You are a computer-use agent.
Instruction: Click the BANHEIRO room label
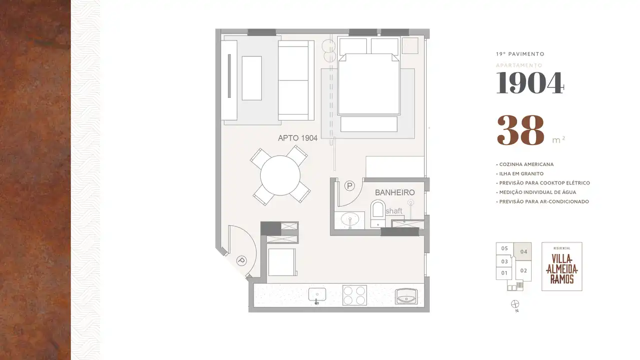point(395,192)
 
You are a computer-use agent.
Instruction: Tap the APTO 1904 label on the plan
point(298,138)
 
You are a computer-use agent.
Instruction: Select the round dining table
point(280,175)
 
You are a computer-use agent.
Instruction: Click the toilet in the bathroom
point(378,213)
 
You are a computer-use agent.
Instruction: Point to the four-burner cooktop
point(354,295)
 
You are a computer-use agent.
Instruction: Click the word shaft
point(394,211)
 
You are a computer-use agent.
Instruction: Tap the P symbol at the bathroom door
point(349,186)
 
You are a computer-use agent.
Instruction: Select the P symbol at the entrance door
point(241,261)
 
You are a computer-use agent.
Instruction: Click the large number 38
point(521,130)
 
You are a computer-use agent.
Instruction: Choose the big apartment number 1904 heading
point(530,83)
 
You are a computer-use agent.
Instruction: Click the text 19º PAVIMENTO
point(520,54)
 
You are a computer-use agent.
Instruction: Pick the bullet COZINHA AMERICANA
point(525,164)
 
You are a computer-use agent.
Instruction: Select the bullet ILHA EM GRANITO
point(520,173)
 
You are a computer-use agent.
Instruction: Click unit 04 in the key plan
point(524,251)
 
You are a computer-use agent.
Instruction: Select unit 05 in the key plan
point(505,248)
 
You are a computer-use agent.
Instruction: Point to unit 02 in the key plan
point(524,270)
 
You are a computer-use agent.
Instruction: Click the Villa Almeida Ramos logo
point(562,266)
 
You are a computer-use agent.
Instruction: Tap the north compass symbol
point(515,304)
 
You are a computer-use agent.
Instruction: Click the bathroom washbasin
point(350,219)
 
